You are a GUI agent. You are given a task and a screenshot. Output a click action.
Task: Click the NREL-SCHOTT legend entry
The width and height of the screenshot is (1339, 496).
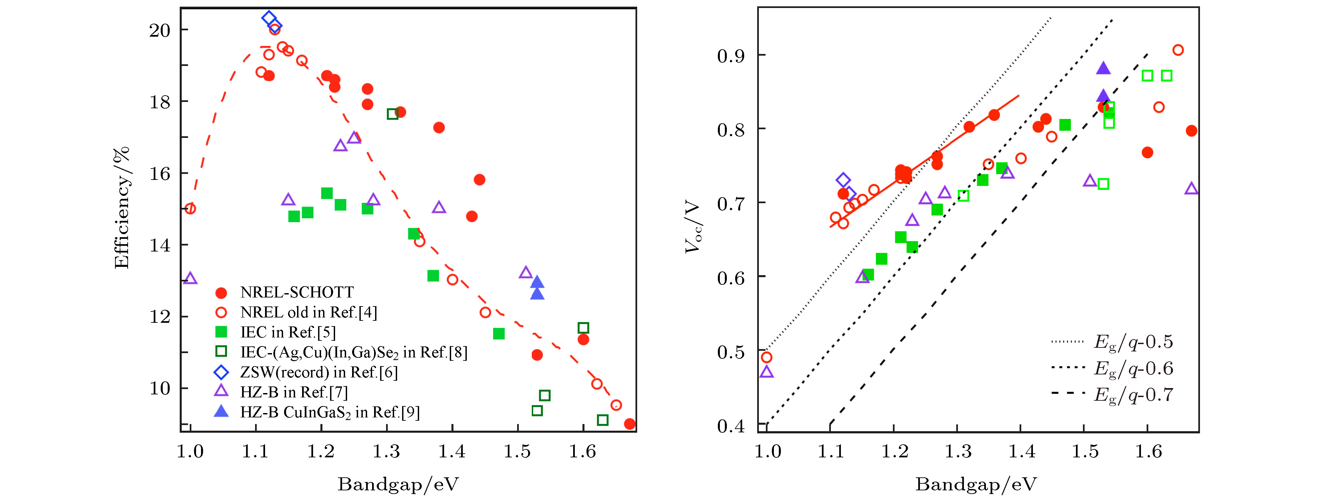tap(296, 292)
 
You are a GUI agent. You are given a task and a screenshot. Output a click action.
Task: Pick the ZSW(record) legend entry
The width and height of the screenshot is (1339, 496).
tap(318, 372)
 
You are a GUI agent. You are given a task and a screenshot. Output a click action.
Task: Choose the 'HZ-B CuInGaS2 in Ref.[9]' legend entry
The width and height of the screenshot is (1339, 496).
tap(329, 412)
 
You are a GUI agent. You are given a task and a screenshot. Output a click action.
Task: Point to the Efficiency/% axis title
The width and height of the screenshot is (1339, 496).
tap(121, 208)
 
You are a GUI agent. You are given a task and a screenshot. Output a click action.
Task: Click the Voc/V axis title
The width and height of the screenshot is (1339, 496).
tap(693, 227)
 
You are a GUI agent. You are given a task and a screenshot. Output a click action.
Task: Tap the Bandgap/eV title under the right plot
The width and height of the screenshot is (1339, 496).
tap(976, 484)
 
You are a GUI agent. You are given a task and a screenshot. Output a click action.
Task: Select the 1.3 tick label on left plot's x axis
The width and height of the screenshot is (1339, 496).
tap(386, 452)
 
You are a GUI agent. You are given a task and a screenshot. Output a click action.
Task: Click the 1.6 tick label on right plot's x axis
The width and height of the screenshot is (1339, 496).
tap(1148, 452)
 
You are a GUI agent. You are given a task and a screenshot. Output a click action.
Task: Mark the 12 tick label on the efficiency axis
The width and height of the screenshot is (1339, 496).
tap(160, 317)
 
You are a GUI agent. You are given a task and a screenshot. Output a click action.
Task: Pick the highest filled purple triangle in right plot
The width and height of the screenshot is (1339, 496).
tap(1103, 68)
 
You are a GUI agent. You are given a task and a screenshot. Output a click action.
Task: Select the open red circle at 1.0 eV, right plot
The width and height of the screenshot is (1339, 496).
tap(766, 357)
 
